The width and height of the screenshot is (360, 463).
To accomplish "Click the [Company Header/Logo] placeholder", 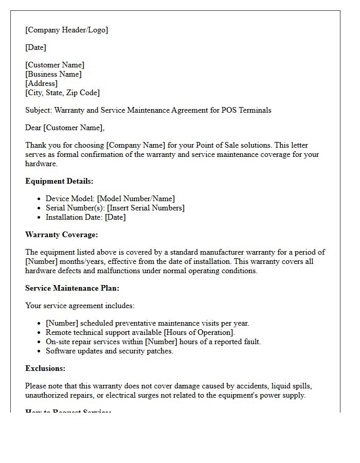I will click(67, 30).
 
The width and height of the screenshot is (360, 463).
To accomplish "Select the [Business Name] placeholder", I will click(53, 74).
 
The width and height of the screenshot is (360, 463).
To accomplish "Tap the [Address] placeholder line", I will click(42, 83).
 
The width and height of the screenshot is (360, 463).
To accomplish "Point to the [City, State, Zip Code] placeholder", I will click(63, 93).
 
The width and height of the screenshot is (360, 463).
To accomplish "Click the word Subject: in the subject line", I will click(39, 110).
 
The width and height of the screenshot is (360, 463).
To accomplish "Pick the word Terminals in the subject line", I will click(254, 110).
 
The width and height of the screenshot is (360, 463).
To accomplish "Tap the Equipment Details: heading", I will click(59, 181).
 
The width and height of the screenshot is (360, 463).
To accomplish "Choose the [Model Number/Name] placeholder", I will click(136, 199).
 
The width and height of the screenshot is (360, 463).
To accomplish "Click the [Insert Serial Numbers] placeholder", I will click(146, 208).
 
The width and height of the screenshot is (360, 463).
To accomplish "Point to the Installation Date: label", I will click(74, 217).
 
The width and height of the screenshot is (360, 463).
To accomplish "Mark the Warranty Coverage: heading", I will click(61, 235).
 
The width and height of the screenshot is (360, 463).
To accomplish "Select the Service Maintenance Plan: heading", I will click(72, 288).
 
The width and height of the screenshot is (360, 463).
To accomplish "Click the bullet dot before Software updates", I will click(40, 351).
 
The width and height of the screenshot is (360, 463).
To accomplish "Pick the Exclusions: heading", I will click(45, 368).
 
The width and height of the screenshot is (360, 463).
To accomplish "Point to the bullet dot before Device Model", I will click(40, 199).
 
